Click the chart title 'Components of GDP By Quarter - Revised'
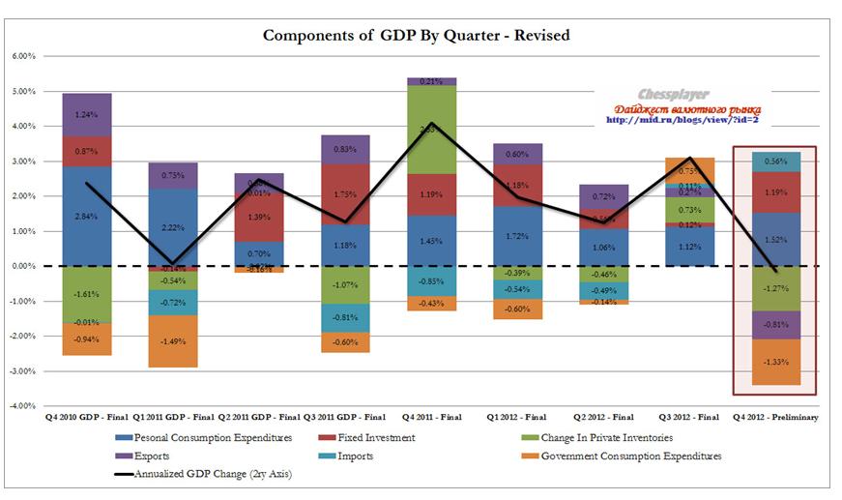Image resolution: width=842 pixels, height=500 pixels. pos(417,36)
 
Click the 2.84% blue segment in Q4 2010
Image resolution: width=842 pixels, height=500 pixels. pos(86,216)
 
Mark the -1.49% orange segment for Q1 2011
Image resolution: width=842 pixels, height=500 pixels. pos(172,341)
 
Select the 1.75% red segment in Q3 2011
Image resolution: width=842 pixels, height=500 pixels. pos(345,194)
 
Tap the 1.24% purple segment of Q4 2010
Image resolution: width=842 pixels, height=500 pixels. pos(86,115)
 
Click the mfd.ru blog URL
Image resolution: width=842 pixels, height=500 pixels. pos(683,121)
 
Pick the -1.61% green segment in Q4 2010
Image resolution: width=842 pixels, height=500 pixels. pos(86,294)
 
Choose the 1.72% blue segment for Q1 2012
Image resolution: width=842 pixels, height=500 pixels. pos(517,236)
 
